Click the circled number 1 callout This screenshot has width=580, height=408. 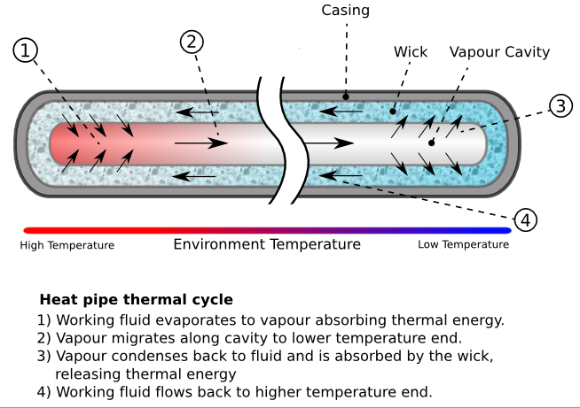tap(27, 51)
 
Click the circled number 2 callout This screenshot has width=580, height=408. tap(192, 41)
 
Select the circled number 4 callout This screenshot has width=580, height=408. tap(526, 219)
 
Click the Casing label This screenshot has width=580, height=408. tap(345, 11)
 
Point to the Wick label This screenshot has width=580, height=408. tap(411, 51)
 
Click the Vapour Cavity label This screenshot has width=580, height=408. tap(499, 51)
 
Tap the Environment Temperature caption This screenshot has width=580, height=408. tap(267, 244)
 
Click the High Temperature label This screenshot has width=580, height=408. tap(67, 245)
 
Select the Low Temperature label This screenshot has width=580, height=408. tap(463, 245)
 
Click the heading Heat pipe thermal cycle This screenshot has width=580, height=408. tap(136, 300)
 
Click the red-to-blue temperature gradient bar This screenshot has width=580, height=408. tap(267, 230)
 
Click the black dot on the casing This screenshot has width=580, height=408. tap(347, 96)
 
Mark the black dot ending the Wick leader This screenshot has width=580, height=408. tap(393, 112)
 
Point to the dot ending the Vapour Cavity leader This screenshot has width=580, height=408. tap(432, 142)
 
